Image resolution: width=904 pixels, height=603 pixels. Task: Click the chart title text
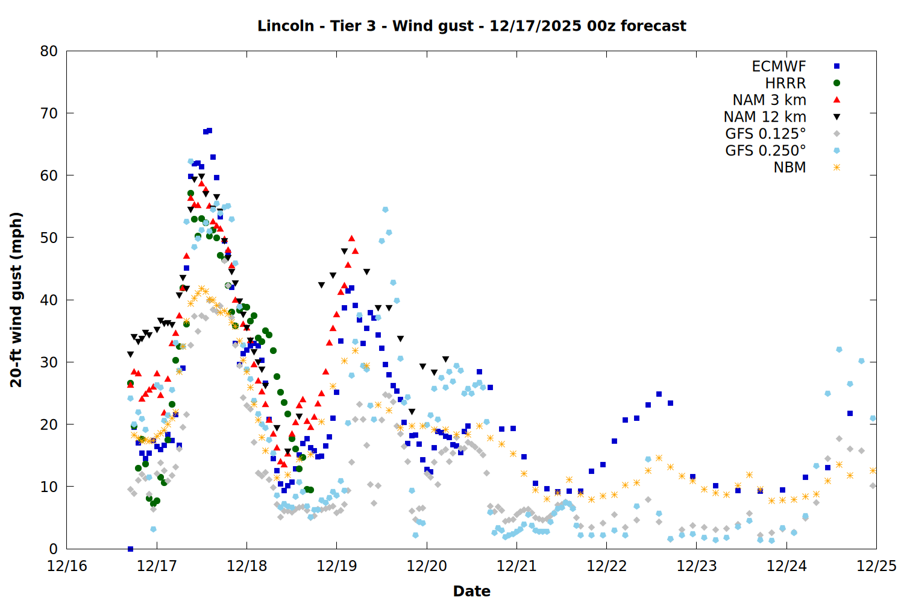tap(471, 26)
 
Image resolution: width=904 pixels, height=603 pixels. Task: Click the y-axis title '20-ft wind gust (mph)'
tap(16, 299)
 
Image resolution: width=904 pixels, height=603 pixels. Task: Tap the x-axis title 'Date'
tap(471, 591)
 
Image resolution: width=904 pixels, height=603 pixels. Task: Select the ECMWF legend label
tap(779, 66)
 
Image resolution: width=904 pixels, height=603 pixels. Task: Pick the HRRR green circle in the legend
tap(837, 83)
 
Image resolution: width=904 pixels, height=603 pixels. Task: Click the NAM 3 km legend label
tap(769, 100)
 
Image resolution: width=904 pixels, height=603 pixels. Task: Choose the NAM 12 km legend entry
tap(765, 117)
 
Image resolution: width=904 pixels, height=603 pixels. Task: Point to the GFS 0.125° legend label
tap(765, 134)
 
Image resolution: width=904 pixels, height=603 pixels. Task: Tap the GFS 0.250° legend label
tap(765, 151)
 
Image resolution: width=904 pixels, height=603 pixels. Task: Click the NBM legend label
tap(789, 168)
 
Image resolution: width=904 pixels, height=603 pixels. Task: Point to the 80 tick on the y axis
tap(49, 51)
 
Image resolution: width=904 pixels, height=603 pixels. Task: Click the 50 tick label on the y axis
tap(49, 238)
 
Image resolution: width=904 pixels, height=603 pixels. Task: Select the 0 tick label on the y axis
tap(54, 549)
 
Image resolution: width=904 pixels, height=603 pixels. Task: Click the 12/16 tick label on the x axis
tap(67, 566)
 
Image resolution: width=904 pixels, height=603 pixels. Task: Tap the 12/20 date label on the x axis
tap(427, 566)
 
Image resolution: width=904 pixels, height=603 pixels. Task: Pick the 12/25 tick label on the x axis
tap(876, 566)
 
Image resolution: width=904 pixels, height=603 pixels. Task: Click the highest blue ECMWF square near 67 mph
tap(209, 130)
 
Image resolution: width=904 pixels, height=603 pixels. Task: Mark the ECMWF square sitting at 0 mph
tap(130, 549)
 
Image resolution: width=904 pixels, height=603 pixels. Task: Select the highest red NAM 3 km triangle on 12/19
tap(351, 239)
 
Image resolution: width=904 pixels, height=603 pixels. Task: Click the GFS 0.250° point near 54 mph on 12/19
tap(385, 210)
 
